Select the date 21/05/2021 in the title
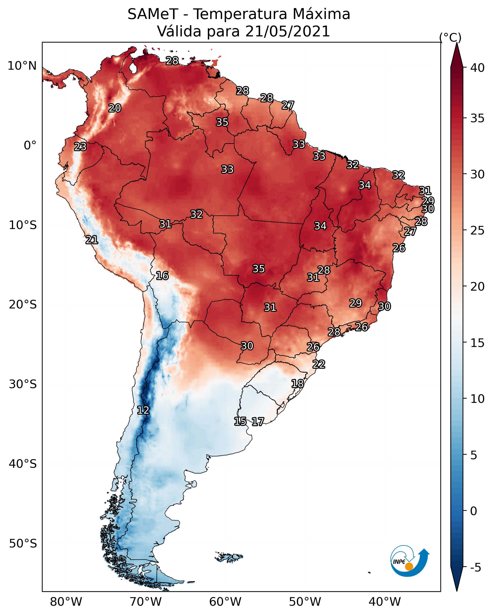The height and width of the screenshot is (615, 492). (x=287, y=31)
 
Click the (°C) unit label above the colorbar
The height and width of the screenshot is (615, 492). (x=450, y=37)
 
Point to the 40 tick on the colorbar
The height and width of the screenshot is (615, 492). (x=477, y=68)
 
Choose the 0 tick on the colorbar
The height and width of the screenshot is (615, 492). (x=474, y=511)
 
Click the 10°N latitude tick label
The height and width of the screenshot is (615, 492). (x=22, y=66)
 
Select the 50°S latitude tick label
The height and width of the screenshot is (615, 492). (x=23, y=543)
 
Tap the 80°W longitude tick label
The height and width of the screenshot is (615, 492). (x=66, y=602)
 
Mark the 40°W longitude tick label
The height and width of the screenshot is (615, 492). (x=385, y=602)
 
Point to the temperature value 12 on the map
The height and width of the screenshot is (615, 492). (x=143, y=410)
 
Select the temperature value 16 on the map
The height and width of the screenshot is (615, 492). (x=162, y=276)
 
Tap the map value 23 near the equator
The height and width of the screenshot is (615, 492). (x=80, y=147)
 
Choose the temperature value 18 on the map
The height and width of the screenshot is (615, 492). (x=298, y=383)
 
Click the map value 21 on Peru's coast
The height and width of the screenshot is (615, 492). (x=92, y=240)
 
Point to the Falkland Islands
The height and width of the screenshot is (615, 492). (x=229, y=556)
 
